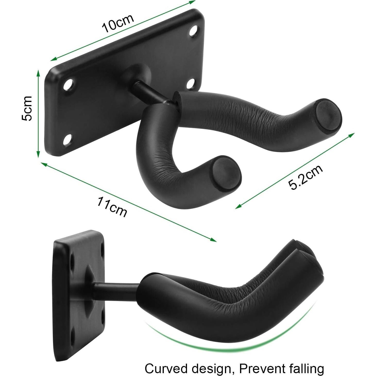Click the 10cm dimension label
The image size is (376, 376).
[118, 24]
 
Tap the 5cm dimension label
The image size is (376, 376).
[27, 108]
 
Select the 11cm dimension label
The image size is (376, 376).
[112, 207]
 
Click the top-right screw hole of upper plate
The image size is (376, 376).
[194, 31]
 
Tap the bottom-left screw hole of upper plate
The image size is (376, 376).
[68, 140]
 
